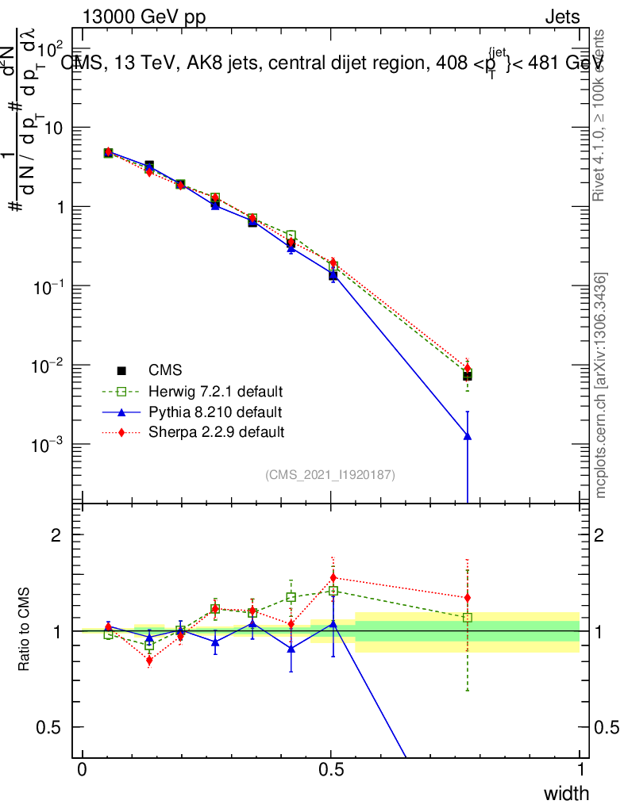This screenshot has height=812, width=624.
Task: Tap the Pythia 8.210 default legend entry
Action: [215, 412]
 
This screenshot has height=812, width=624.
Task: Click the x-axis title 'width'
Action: [566, 794]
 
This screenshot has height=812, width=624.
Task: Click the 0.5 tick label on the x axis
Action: [332, 771]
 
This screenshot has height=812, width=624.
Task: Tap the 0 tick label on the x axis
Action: [83, 771]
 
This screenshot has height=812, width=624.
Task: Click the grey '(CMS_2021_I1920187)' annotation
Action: [330, 475]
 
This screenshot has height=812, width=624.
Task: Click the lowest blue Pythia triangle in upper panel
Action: [468, 436]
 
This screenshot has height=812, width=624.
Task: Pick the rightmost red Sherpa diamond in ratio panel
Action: [468, 597]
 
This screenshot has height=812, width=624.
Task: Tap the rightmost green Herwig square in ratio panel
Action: [468, 617]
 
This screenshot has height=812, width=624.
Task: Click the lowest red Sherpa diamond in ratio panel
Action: [149, 660]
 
